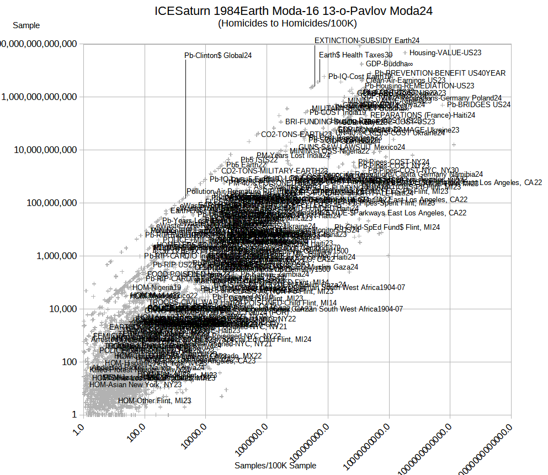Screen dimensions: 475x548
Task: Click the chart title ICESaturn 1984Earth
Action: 293,10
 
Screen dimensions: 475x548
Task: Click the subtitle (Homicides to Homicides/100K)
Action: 288,23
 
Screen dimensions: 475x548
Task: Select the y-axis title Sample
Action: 26,25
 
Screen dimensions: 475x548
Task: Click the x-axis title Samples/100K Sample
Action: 275,466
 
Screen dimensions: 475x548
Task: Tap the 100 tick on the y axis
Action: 67,362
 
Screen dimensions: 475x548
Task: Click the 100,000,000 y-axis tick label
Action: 50,203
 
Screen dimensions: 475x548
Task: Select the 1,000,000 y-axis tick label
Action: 54,256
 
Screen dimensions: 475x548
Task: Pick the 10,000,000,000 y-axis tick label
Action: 45,150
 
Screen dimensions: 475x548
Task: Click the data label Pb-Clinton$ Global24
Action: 218,55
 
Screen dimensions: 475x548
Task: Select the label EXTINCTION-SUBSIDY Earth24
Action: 367,40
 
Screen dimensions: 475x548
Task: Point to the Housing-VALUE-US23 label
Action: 445,53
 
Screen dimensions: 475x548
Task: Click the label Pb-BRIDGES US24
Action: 478,104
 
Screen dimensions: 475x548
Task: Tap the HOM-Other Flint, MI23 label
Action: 155,400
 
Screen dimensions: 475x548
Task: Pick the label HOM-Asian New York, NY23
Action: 135,384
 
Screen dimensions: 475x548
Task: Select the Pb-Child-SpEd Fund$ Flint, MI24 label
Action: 387,227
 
